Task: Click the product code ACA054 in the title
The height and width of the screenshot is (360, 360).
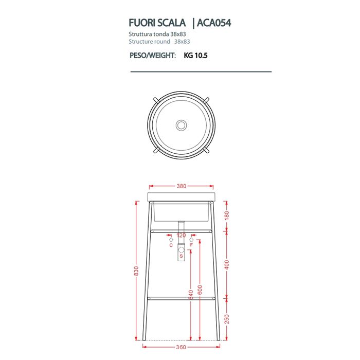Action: [217, 24]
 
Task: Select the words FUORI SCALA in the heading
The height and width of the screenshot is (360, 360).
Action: [157, 24]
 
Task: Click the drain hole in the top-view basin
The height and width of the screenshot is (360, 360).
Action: [181, 124]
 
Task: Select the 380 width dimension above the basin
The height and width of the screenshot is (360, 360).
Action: [181, 187]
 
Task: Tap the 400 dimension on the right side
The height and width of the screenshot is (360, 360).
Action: [226, 264]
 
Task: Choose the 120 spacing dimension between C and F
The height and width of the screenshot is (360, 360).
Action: [181, 236]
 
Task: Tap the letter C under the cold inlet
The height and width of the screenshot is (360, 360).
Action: [171, 245]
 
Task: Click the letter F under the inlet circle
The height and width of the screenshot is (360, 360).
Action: [191, 245]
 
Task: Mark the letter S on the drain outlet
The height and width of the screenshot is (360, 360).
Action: [181, 256]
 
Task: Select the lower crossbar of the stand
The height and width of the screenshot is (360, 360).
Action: [181, 298]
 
